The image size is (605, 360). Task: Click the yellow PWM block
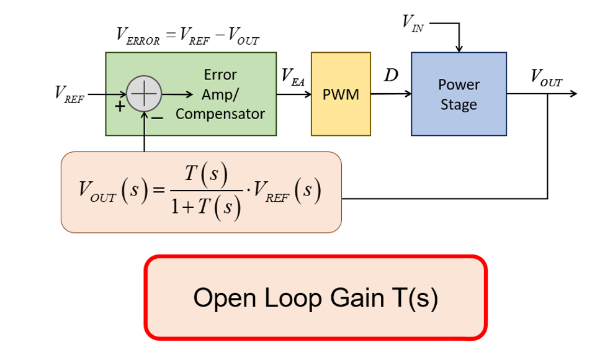[x=340, y=94]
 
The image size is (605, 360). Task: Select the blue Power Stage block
[x=459, y=94]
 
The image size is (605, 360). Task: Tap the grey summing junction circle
[x=144, y=94]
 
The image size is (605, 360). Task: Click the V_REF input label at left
[x=69, y=94]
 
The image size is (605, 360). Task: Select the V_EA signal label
[x=293, y=76]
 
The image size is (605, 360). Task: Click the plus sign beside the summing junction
[x=120, y=107]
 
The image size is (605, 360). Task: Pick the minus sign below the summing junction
[x=157, y=116]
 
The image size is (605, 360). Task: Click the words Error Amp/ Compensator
[x=220, y=94]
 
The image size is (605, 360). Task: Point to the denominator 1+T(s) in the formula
[x=205, y=207]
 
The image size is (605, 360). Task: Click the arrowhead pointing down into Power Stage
[x=459, y=49]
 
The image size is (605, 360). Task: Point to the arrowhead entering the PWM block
[x=307, y=94]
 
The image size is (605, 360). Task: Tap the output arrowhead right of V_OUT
[x=573, y=94]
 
